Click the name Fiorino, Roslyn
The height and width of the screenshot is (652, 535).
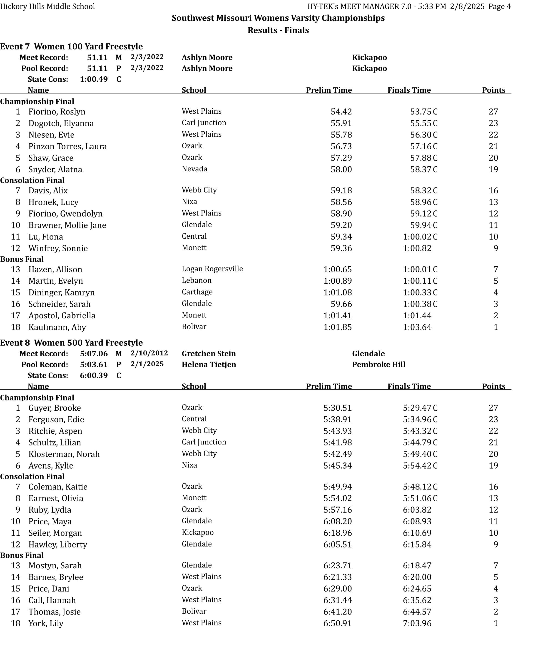point(57,112)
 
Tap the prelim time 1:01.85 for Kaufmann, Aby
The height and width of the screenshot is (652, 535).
point(337,327)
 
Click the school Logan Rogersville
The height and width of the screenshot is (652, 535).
point(212,269)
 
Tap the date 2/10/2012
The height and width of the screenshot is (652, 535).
point(149,353)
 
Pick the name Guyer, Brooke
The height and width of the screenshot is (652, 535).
point(55,408)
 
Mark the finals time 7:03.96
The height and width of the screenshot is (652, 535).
point(417,623)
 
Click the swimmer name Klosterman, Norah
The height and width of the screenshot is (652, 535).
point(64,454)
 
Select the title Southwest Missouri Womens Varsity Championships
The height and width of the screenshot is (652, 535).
point(278,18)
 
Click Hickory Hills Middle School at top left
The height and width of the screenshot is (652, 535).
point(47,6)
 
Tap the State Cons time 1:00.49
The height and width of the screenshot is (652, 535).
point(94,79)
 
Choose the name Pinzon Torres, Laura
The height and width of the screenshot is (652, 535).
point(67,146)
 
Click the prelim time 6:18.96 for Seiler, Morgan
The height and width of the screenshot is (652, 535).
point(337,533)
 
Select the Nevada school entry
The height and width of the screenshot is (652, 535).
point(194,169)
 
